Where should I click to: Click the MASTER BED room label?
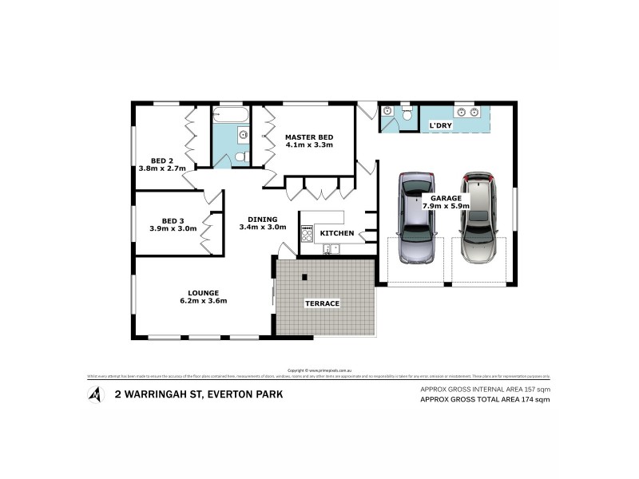pyautogui.click(x=309, y=137)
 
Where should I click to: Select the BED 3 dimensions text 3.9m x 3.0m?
pyautogui.click(x=173, y=228)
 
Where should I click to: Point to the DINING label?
pyautogui.click(x=262, y=219)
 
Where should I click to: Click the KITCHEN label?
pyautogui.click(x=336, y=233)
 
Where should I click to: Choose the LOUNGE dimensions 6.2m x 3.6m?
pyautogui.click(x=204, y=301)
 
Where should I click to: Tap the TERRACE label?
pyautogui.click(x=323, y=303)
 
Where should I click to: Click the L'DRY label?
pyautogui.click(x=441, y=126)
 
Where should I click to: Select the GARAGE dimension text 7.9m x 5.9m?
pyautogui.click(x=447, y=206)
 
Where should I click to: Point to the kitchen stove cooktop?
pyautogui.click(x=307, y=234)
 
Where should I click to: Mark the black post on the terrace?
pyautogui.click(x=304, y=278)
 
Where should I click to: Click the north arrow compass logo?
pyautogui.click(x=97, y=394)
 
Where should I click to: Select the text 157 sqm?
pyautogui.click(x=536, y=389)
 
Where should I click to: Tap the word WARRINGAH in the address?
pyautogui.click(x=160, y=394)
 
